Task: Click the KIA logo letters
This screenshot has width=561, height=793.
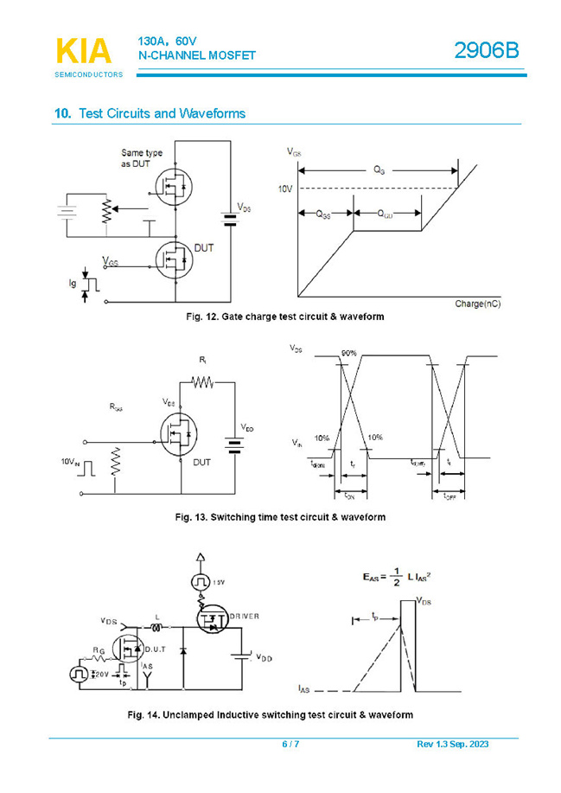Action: point(84,51)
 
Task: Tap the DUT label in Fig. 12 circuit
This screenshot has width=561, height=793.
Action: point(204,247)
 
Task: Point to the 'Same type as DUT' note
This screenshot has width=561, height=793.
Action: point(142,158)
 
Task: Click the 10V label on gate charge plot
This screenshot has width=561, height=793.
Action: point(285,189)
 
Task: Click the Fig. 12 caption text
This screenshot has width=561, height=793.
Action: point(285,317)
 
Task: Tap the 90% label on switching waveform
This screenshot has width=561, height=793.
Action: point(348,354)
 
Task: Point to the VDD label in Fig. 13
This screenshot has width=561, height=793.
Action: point(247,428)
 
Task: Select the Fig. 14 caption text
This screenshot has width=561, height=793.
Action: point(270,715)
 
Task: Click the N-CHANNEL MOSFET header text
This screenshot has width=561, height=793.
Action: point(197,55)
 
